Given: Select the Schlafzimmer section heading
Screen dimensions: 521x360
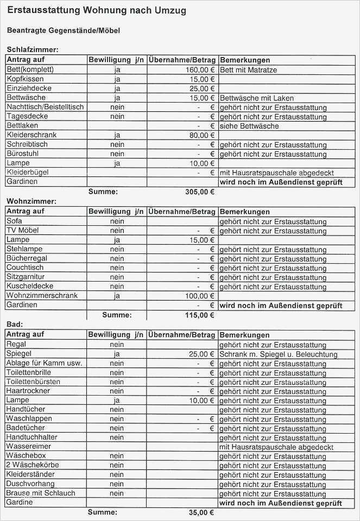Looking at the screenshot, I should (32, 50).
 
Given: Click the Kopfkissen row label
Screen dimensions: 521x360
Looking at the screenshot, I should (24, 79).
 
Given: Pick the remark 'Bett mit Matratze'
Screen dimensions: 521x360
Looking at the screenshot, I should (249, 70).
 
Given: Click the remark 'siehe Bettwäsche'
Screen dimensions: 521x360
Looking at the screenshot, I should (249, 126).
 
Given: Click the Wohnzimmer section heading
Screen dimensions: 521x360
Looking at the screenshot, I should (31, 201).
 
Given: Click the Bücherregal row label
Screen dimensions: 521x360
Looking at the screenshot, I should (27, 258).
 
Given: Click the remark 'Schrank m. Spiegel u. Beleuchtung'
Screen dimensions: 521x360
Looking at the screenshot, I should (279, 354).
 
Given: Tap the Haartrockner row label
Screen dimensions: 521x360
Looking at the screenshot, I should (28, 391).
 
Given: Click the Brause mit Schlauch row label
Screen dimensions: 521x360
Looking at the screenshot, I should (41, 493).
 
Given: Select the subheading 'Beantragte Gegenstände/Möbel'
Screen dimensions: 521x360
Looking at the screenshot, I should (64, 31).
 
